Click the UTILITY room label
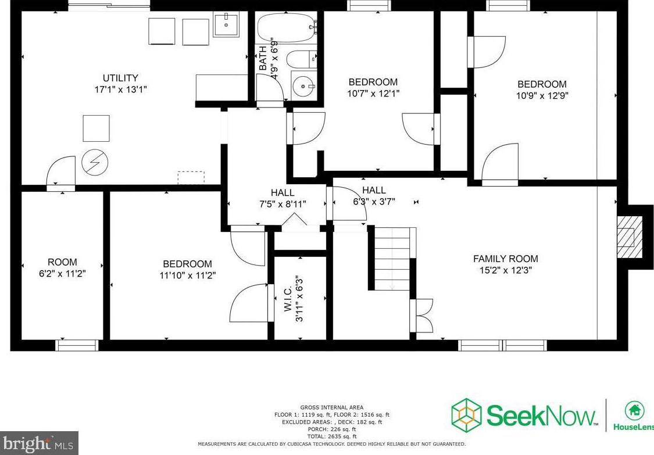pyautogui.click(x=120, y=78)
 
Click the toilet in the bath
pyautogui.click(x=301, y=59)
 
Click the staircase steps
pyautogui.click(x=392, y=259)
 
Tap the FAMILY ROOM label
pyautogui.click(x=505, y=259)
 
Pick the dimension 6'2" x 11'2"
pyautogui.click(x=62, y=273)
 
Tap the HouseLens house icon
pyautogui.click(x=634, y=410)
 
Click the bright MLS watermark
pyautogui.click(x=38, y=445)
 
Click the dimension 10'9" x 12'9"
pyautogui.click(x=542, y=95)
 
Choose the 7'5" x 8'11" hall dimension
pyautogui.click(x=283, y=204)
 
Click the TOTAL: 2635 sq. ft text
pyautogui.click(x=331, y=436)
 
